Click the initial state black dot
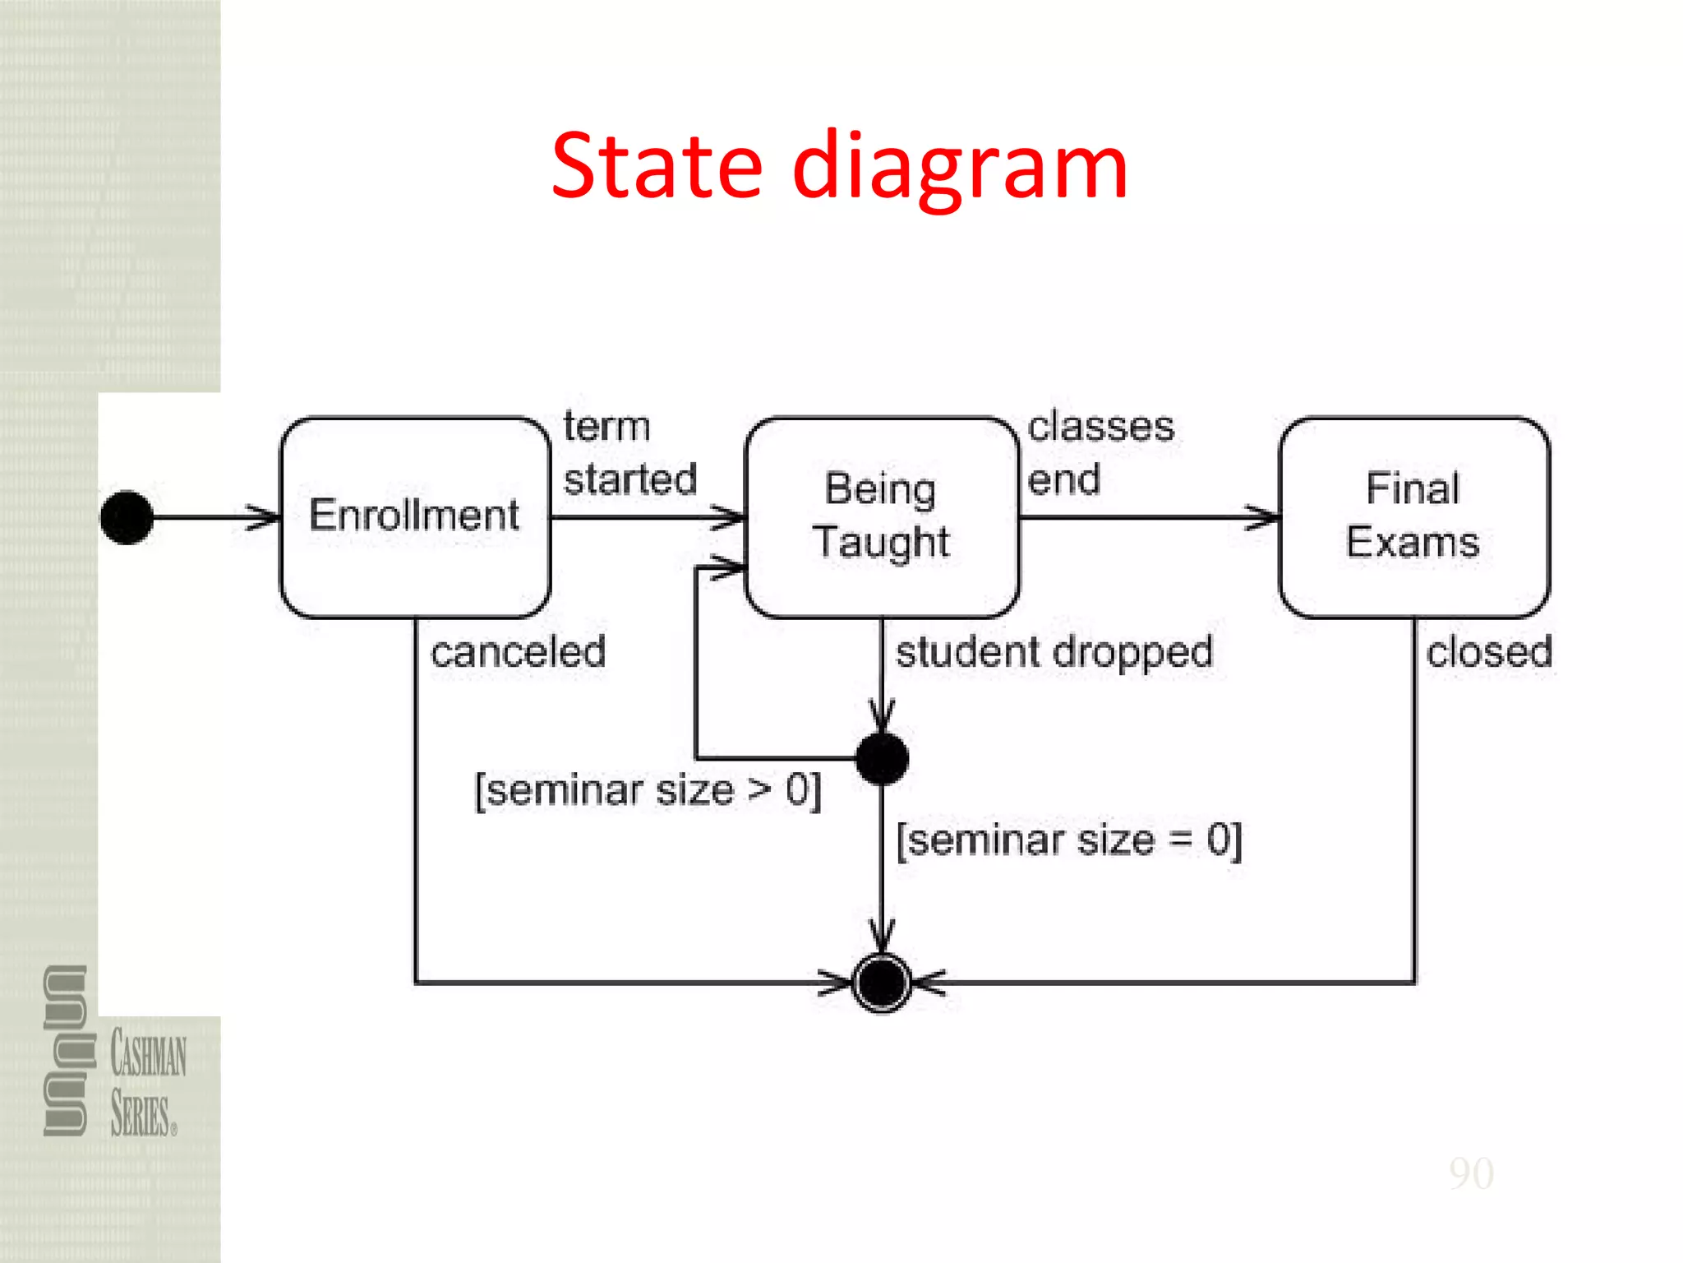point(127,517)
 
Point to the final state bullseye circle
point(882,982)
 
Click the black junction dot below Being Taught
point(882,758)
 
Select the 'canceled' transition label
point(518,653)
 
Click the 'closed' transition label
point(1489,653)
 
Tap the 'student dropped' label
point(1054,653)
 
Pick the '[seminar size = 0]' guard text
point(1068,840)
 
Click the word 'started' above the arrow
point(629,479)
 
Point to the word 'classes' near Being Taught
point(1100,427)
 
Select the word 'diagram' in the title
point(960,169)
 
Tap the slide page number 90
point(1471,1173)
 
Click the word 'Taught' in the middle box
point(882,543)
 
